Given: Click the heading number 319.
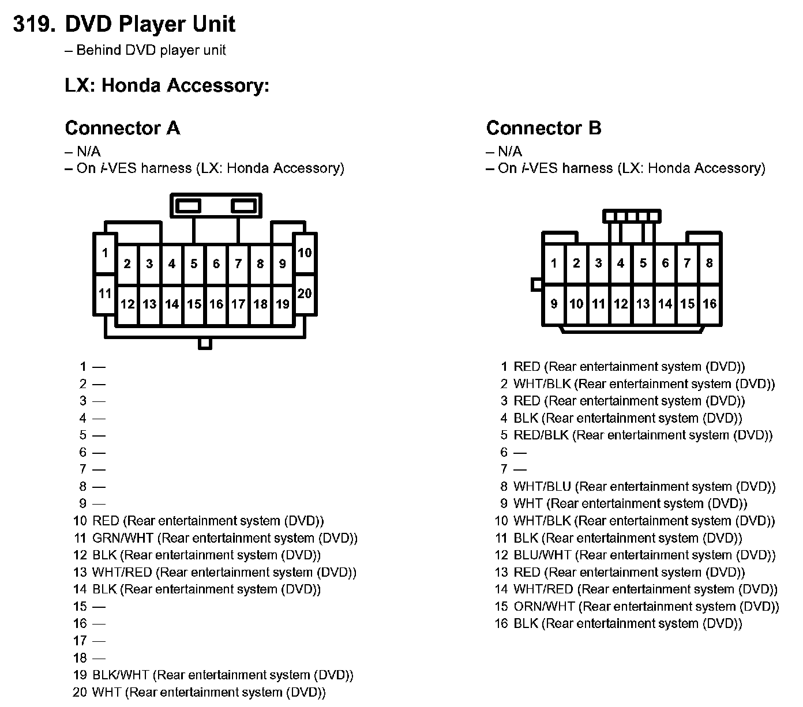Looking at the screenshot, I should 34,24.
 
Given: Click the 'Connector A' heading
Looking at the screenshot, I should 122,127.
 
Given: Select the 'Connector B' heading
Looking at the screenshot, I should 543,127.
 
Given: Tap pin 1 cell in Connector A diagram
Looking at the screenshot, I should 105,253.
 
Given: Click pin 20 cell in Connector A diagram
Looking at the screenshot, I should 305,293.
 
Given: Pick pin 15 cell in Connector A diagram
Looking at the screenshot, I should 194,304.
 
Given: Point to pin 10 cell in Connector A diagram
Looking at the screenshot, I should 305,253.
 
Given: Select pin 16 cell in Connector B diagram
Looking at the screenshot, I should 710,304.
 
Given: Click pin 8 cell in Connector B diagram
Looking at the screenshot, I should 710,264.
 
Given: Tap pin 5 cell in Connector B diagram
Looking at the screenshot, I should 643,264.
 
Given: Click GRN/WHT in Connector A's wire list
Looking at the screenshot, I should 123,538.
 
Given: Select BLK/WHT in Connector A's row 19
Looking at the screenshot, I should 121,675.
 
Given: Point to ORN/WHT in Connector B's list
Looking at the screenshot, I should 544,606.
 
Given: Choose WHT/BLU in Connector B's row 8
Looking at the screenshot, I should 542,487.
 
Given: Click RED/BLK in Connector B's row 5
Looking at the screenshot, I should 541,435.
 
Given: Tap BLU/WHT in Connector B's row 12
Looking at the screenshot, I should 542,555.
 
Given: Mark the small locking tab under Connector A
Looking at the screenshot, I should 205,344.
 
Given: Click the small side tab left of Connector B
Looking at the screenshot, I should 536,284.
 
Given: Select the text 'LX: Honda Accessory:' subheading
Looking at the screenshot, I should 167,85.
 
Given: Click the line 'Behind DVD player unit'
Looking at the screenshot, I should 151,50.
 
